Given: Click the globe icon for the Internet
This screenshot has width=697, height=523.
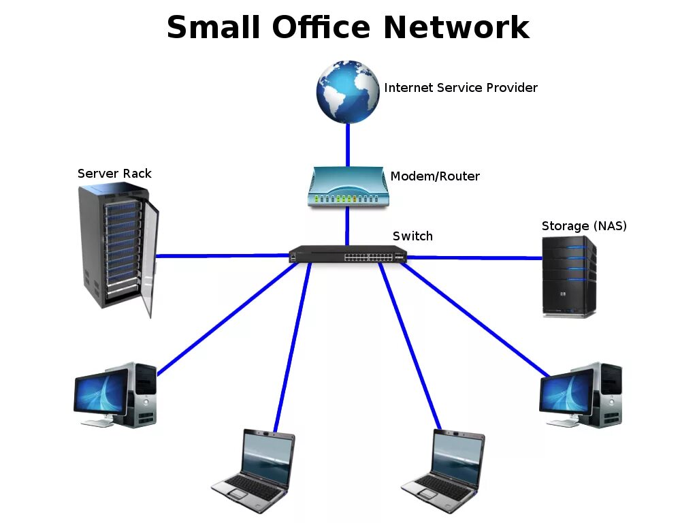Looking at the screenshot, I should [x=348, y=91].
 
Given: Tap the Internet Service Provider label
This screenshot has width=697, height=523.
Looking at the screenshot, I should [x=461, y=88].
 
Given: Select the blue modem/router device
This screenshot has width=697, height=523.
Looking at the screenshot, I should [x=347, y=187].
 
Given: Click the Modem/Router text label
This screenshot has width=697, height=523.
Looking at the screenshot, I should [x=435, y=176].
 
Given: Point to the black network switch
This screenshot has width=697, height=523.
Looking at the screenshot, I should [x=347, y=255].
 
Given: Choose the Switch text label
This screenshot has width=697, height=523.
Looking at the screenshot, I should [x=412, y=236].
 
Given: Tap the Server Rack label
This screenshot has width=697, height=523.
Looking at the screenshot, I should [x=114, y=174].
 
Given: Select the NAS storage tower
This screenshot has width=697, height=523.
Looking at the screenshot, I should [x=568, y=276].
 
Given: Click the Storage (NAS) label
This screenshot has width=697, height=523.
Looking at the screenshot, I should [x=584, y=226].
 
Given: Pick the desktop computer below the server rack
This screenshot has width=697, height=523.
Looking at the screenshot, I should [x=116, y=395].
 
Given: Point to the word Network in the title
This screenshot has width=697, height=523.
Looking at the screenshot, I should [x=456, y=28].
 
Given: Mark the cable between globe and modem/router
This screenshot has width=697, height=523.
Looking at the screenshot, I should [x=348, y=144].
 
